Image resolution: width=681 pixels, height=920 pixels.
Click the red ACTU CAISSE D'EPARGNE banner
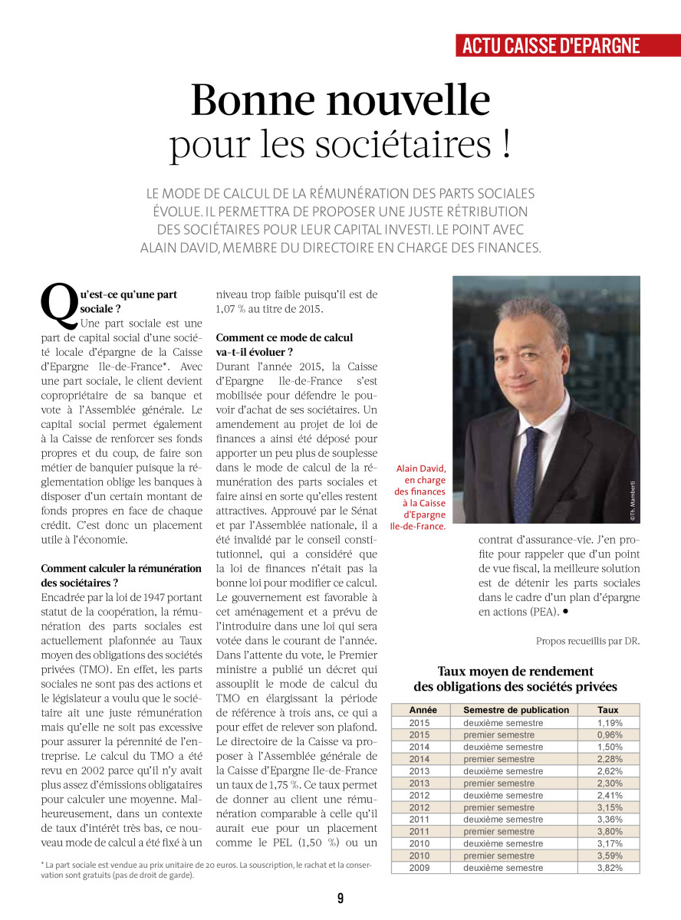551,45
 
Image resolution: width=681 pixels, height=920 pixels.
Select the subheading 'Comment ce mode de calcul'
285,337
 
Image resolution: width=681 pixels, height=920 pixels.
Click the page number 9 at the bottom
340,899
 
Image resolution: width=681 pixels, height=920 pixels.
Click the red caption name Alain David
421,468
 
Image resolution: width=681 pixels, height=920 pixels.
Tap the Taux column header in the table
608,710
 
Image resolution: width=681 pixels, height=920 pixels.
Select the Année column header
423,710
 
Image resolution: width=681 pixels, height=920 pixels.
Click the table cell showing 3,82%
610,868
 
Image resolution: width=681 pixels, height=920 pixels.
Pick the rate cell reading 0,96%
610,734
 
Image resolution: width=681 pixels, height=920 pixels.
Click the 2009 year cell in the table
419,868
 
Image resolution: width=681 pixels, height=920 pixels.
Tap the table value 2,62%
610,771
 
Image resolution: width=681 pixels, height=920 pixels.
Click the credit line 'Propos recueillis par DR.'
587,641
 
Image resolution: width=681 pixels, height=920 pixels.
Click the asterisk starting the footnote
43,866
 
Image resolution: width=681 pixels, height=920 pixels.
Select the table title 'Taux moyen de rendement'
515,672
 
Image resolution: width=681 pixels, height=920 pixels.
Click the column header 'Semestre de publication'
516,710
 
